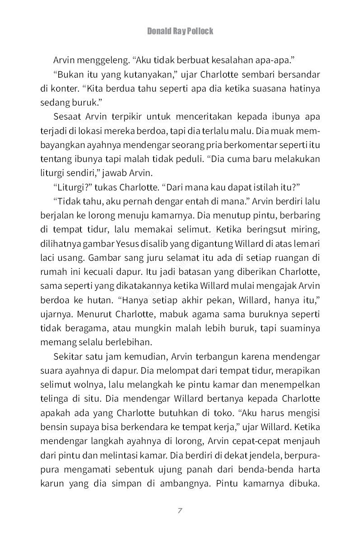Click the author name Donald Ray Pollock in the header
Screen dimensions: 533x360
point(180,31)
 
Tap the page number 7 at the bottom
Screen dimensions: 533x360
point(180,510)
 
